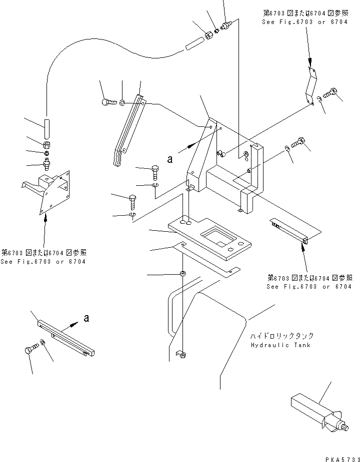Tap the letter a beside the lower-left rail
86,318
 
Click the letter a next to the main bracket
170,159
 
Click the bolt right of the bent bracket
330,92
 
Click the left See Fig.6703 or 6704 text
43,262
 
